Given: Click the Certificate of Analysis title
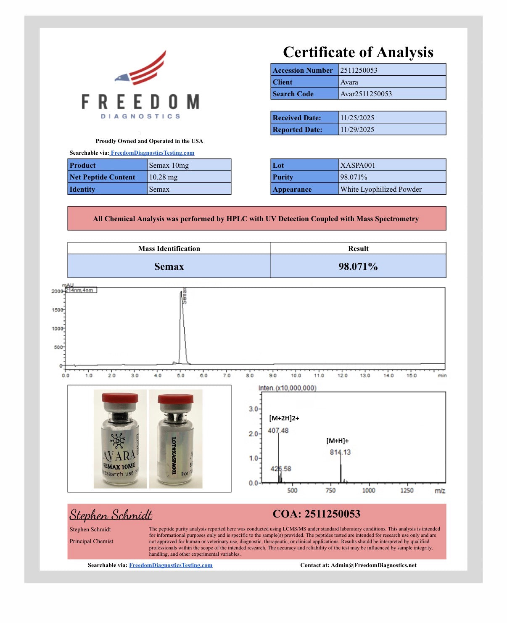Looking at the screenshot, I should pos(358,52).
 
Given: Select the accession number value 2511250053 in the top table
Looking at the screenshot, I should pos(359,70).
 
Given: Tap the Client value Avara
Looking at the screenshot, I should pos(349,82).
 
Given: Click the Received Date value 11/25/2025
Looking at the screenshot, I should pos(357,118).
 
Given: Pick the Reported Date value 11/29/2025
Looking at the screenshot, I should pos(357,129).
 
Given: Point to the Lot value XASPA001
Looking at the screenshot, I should pos(357,165).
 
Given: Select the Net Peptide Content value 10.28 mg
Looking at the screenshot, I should pos(163,177).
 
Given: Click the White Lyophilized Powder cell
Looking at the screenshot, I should pos(381,189).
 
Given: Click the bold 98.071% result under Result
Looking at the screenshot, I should pos(358,267).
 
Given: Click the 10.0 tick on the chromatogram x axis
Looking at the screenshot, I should pos(296,375).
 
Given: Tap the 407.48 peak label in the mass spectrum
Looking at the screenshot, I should pos(278,430).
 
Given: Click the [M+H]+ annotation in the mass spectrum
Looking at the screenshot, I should pos(338,441).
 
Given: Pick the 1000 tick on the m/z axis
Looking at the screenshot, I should pos(369,490).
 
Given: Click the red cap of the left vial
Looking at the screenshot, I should pos(120,397).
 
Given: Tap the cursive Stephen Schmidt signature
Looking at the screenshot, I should pos(111,515).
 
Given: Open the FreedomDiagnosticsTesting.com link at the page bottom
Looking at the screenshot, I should pos(171,565).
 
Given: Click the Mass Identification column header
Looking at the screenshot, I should pos(169,248).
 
